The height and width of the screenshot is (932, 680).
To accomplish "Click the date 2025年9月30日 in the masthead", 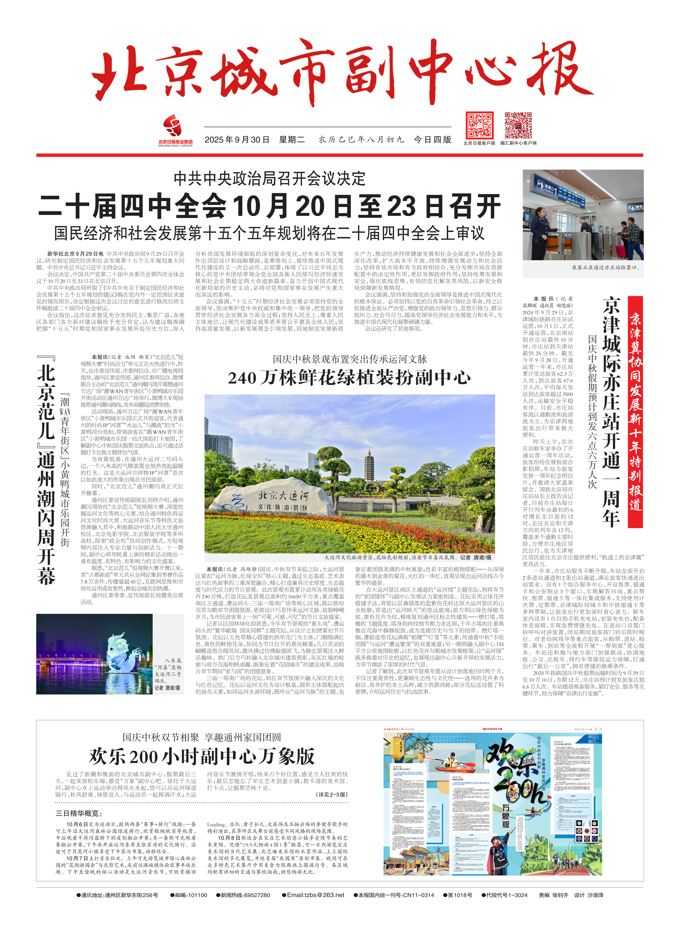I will click(x=237, y=140).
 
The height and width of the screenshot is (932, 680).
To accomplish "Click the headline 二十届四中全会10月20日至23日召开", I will click(x=270, y=206).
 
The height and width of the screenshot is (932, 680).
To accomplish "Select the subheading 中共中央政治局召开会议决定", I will click(x=270, y=178).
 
